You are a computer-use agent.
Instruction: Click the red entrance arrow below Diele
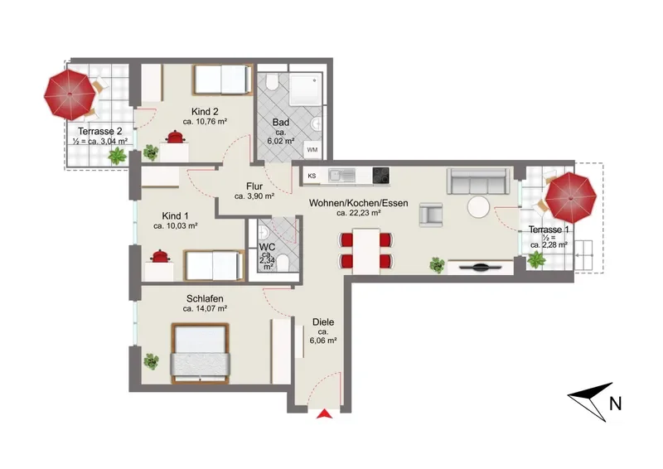(x=324, y=413)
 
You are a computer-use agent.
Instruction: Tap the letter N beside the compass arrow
(x=616, y=404)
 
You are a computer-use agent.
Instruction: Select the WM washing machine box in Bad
(x=312, y=149)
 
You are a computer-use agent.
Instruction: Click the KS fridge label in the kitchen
(x=312, y=176)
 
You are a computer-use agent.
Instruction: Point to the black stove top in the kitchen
(x=381, y=176)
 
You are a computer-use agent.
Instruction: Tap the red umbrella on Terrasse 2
(x=70, y=94)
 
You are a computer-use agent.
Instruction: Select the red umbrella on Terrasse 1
(x=571, y=197)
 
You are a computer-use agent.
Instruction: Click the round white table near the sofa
(x=479, y=207)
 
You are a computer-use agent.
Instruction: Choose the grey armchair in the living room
(x=431, y=215)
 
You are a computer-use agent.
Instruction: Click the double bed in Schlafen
(x=200, y=354)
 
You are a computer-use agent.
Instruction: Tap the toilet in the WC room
(x=282, y=263)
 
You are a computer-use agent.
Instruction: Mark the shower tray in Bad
(x=306, y=90)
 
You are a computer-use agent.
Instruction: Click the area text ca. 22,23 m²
(x=359, y=213)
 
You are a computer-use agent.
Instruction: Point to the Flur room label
(x=254, y=186)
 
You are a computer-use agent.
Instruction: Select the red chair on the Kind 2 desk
(x=174, y=137)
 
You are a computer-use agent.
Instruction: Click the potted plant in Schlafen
(x=151, y=361)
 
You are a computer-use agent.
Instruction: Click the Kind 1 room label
(x=175, y=216)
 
